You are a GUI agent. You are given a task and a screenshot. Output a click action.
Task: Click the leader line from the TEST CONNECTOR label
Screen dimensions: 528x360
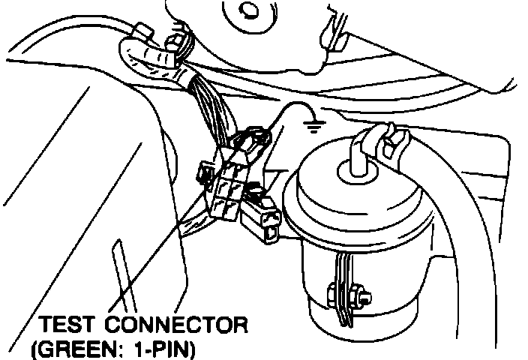[x=150, y=255]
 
